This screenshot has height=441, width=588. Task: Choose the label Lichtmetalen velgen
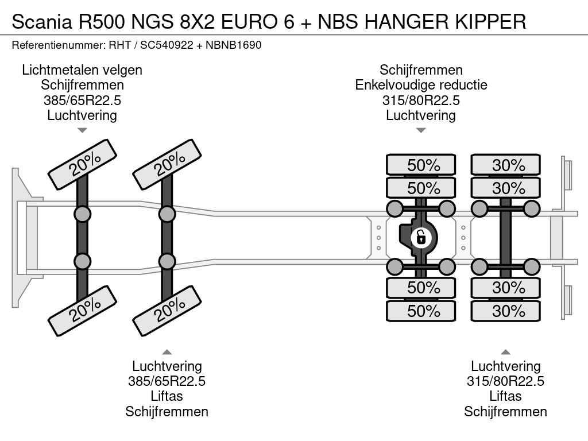pyautogui.click(x=82, y=70)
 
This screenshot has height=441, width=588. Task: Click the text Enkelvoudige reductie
pyautogui.click(x=421, y=85)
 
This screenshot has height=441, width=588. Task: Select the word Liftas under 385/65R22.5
pyautogui.click(x=167, y=396)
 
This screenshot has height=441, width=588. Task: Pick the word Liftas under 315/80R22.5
pyautogui.click(x=505, y=396)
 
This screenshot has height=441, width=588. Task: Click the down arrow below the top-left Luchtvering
pyautogui.click(x=82, y=130)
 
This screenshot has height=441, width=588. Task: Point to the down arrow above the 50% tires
pyautogui.click(x=421, y=130)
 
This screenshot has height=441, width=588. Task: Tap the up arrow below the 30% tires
pyautogui.click(x=505, y=352)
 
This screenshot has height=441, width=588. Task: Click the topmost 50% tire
pyautogui.click(x=421, y=165)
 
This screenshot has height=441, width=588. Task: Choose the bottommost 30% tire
pyautogui.click(x=505, y=311)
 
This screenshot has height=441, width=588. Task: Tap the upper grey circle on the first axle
pyautogui.click(x=82, y=214)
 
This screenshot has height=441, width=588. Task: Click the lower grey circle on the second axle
pyautogui.click(x=167, y=261)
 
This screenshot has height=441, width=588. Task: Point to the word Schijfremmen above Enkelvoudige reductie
pyautogui.click(x=421, y=70)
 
